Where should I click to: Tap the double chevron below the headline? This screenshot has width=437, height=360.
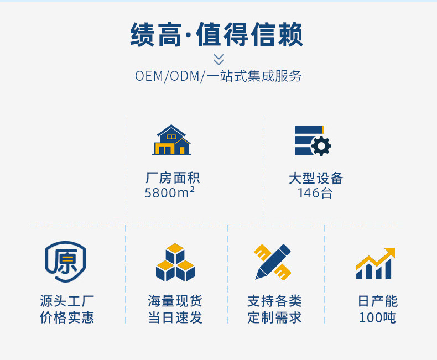[218, 59]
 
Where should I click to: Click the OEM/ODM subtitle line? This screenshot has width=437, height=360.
[218, 76]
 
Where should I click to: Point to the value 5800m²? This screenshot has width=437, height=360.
[169, 193]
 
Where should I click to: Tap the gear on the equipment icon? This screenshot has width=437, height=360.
[321, 146]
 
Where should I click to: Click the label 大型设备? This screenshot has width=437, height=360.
[316, 178]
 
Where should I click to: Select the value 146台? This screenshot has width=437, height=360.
[315, 193]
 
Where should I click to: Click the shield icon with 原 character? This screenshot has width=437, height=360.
[65, 262]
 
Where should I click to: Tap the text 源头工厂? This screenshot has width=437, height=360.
[67, 301]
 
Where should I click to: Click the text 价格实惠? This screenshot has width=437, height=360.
[67, 318]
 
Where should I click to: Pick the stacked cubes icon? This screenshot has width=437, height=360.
[175, 263]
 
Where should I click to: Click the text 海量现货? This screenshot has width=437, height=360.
[175, 301]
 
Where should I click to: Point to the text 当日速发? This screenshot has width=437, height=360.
[175, 318]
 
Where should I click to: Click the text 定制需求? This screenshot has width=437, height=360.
[274, 318]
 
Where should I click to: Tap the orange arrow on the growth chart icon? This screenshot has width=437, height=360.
[382, 255]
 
